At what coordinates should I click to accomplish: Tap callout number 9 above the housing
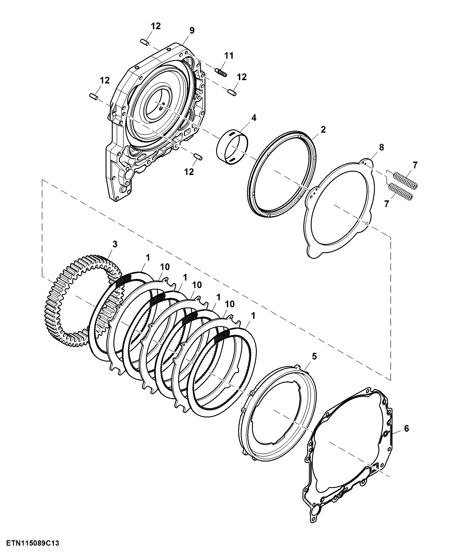pos(192,30)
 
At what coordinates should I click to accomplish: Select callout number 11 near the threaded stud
pos(229,56)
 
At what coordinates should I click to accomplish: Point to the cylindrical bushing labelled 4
pos(232,148)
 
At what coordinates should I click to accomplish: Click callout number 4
pos(254,118)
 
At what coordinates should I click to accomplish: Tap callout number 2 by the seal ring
pos(323,130)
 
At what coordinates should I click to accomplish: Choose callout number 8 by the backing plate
pos(381,147)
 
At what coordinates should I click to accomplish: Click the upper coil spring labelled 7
pos(405,181)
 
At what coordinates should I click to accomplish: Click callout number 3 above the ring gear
pos(115,244)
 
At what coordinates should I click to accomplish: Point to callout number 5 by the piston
pos(314,356)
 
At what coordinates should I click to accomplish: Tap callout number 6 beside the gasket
pos(407,428)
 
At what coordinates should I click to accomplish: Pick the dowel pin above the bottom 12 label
pos(198,157)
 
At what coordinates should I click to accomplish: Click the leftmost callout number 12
pos(105,80)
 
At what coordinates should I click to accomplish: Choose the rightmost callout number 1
pos(253,316)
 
